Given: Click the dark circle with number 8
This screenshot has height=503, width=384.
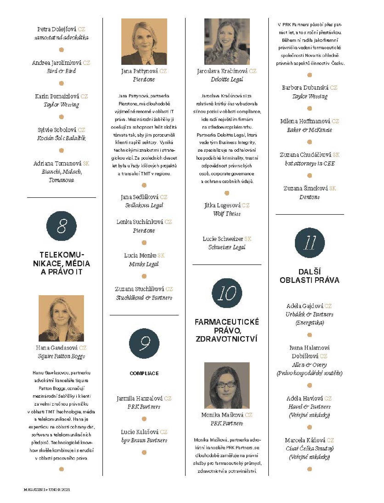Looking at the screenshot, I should coord(61,226).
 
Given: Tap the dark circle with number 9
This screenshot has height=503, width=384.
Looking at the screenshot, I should coord(144,343).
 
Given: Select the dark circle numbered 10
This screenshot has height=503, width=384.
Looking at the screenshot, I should coord(227,293).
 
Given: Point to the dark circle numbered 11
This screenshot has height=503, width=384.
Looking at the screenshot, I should coord(310,243).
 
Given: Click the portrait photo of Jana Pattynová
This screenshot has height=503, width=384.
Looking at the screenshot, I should coord(144,42).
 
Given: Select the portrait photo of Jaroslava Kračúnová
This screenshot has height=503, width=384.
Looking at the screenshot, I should coord(227,42).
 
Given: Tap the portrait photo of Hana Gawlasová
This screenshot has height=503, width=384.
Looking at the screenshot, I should coord(61,318).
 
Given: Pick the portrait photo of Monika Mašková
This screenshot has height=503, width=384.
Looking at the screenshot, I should coord(227,385).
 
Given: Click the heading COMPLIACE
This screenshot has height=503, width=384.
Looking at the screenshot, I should coord(144,373).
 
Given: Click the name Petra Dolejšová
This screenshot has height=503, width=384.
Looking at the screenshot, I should coord(57,29).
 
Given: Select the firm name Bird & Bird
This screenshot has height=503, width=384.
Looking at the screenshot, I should coord(61,71).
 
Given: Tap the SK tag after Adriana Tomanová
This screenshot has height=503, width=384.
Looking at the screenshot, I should coord(86,163).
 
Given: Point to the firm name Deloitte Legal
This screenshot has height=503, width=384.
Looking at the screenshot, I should coord(227,79).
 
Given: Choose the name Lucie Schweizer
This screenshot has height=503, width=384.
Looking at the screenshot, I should coord(223,239).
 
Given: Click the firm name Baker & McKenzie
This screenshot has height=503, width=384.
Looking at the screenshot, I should coord(310,130).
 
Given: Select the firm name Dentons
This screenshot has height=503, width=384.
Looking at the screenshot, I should coord(310,197).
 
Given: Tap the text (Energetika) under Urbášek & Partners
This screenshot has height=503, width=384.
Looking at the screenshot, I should coord(310,323).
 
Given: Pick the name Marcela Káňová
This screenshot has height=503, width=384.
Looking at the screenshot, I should coord(305,440).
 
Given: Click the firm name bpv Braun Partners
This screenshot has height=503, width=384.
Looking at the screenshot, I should coord(144,440).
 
